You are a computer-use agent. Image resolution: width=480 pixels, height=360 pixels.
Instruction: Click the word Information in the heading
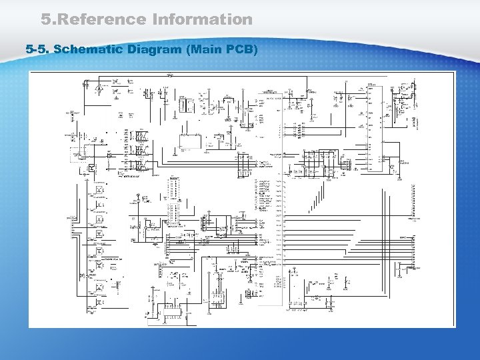point(203,19)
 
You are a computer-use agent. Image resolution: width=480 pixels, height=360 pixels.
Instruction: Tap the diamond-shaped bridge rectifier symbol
point(99,87)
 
